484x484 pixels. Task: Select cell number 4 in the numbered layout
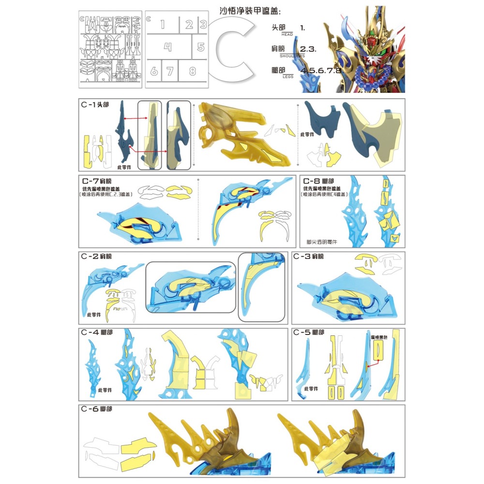[x=167, y=47]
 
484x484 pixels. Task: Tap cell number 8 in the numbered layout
[x=193, y=71]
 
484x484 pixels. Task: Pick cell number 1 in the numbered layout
[x=162, y=25]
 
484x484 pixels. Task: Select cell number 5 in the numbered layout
[x=201, y=47]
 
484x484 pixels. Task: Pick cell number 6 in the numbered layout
[x=154, y=71]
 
